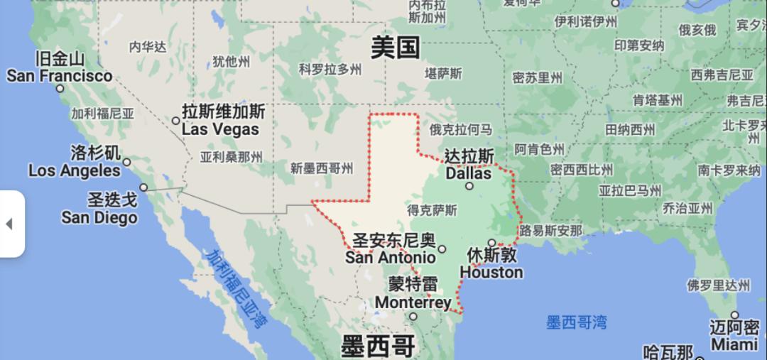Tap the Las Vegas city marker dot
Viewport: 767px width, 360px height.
click(x=176, y=121)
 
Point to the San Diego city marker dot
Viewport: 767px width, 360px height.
click(x=143, y=187)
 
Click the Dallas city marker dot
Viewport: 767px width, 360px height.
click(x=469, y=186)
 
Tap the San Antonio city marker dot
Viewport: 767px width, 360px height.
click(x=442, y=249)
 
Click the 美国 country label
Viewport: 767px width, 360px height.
click(x=396, y=48)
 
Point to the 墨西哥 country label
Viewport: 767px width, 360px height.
click(x=377, y=347)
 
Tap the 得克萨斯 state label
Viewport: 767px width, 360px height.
click(x=432, y=210)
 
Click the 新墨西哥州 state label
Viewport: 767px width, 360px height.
click(x=322, y=168)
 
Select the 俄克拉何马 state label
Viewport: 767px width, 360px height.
click(x=460, y=129)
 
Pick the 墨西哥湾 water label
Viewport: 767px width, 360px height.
click(x=577, y=322)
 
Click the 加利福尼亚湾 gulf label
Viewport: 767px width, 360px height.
click(x=235, y=288)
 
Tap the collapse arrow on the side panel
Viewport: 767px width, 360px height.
click(x=9, y=224)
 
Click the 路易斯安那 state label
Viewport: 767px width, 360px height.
click(x=550, y=231)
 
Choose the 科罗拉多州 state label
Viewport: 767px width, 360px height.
click(x=330, y=70)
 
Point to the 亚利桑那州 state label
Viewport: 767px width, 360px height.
click(x=231, y=157)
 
